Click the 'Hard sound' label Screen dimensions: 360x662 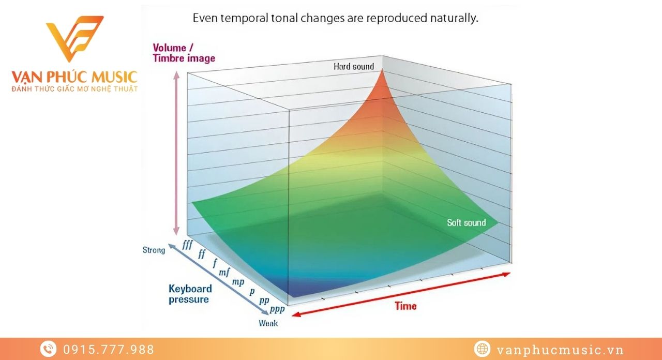354,66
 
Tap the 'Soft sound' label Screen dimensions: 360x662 466,222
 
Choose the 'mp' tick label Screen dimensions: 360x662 238,281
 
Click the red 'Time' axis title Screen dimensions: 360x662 405,306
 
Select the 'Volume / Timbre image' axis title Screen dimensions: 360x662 184,53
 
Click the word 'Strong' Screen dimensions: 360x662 154,250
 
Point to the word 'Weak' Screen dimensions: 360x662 268,323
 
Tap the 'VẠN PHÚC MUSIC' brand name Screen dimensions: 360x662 74,78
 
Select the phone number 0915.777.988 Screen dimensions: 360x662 109,350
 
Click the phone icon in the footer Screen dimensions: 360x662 48,349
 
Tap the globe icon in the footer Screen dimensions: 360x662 482,349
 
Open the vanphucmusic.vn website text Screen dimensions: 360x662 560,350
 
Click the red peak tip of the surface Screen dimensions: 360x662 383,70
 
